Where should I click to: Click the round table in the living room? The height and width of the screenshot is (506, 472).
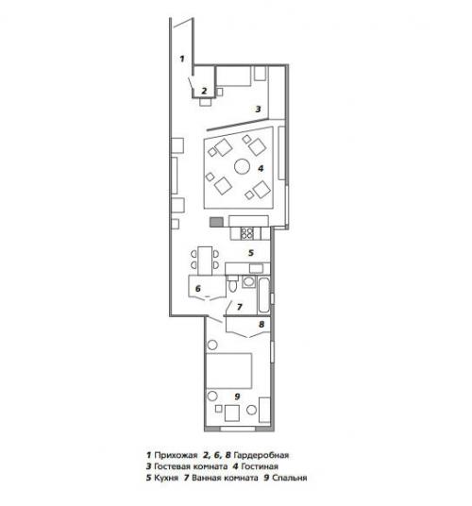click(x=242, y=166)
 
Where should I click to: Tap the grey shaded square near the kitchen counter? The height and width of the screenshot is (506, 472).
click(x=216, y=222)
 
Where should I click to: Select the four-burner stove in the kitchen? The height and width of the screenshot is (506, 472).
click(x=247, y=233)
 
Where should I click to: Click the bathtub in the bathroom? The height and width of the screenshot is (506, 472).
click(x=263, y=295)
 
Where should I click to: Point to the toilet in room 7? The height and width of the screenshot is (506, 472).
click(x=232, y=285)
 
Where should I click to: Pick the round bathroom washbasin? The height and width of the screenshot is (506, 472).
click(x=248, y=281)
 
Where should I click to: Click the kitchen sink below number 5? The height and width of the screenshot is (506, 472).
click(x=256, y=268)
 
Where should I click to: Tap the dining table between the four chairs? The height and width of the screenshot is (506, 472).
click(x=205, y=261)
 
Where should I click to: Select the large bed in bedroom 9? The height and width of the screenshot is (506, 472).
click(x=228, y=370)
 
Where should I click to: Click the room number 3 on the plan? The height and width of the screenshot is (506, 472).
click(x=258, y=110)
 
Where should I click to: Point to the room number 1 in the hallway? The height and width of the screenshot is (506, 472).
click(x=182, y=59)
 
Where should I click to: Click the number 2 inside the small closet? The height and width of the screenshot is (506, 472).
click(x=204, y=91)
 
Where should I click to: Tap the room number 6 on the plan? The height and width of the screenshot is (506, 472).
click(x=198, y=288)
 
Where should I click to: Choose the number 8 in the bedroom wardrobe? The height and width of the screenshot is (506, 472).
click(x=261, y=324)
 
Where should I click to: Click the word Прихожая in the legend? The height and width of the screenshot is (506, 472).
click(x=176, y=455)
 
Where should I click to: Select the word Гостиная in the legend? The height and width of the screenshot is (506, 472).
click(x=260, y=466)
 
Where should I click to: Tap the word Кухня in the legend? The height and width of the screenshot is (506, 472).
click(x=166, y=478)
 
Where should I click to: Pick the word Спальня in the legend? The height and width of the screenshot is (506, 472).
click(x=290, y=478)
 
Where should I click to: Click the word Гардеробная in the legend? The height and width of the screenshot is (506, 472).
click(x=261, y=455)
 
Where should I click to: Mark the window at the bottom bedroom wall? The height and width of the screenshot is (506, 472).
click(x=238, y=429)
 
